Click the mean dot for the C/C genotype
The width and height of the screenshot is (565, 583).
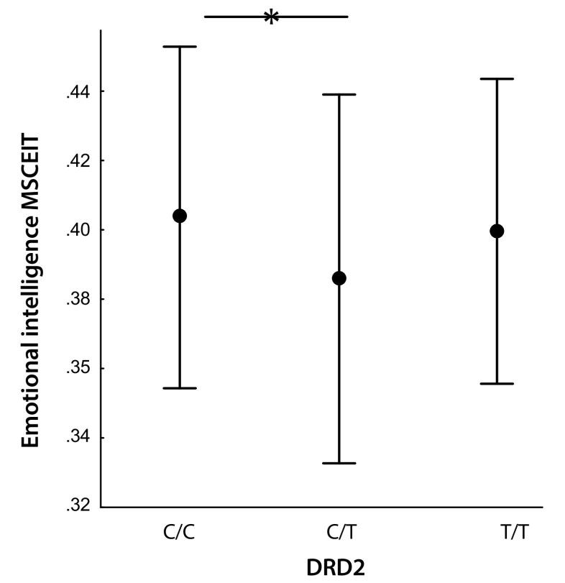tap(180, 216)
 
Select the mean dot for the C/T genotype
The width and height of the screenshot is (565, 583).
tap(339, 278)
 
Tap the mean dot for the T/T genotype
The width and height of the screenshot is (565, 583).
tap(496, 231)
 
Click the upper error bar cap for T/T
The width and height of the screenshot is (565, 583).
tap(496, 78)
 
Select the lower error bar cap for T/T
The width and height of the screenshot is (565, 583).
tap(496, 384)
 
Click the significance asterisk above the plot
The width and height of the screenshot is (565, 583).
tap(271, 17)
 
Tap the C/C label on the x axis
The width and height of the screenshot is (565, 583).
tap(179, 533)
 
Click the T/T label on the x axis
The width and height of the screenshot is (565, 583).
tap(496, 533)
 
